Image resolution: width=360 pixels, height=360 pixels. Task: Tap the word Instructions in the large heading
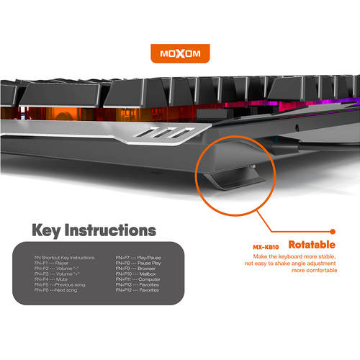[116, 230]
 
